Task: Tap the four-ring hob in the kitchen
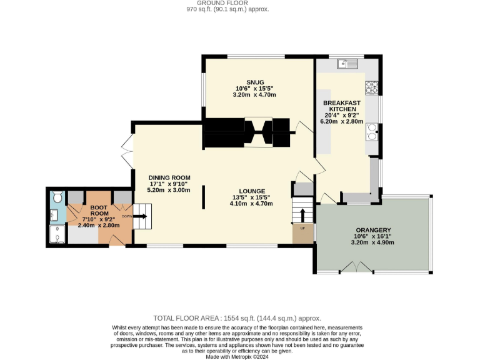[x=371, y=87]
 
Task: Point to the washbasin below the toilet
[x=54, y=215]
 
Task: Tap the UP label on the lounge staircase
[x=303, y=227]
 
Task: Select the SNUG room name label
[x=254, y=81]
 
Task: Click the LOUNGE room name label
[x=252, y=191]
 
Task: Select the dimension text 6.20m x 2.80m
[x=341, y=121]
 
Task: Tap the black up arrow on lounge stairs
[x=303, y=214]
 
